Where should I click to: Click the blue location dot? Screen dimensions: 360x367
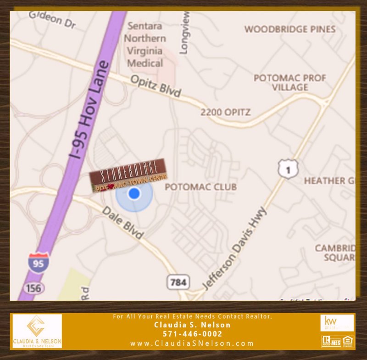point(134,193)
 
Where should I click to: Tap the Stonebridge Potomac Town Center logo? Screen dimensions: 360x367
point(128,174)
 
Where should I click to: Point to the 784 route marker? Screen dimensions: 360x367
point(178,281)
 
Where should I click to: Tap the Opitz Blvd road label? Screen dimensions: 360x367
point(156,86)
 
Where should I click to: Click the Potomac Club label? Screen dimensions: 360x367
point(200,187)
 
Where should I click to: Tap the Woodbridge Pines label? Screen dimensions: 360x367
point(290,29)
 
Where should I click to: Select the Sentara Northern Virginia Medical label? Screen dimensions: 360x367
point(145,45)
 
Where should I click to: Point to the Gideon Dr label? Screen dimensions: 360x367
point(52,20)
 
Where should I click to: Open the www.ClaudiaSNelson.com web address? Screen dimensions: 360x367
point(192,343)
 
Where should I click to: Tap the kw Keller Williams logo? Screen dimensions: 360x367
point(337,323)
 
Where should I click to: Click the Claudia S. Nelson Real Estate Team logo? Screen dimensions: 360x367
point(37,331)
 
